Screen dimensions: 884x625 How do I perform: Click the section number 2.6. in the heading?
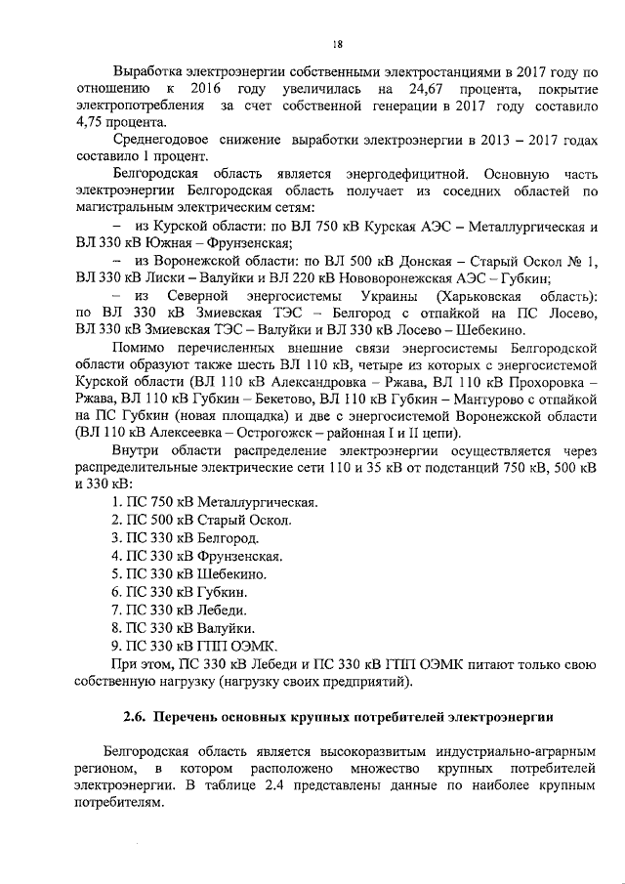pyautogui.click(x=135, y=718)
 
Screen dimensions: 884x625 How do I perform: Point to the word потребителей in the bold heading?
pyautogui.click(x=394, y=718)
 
